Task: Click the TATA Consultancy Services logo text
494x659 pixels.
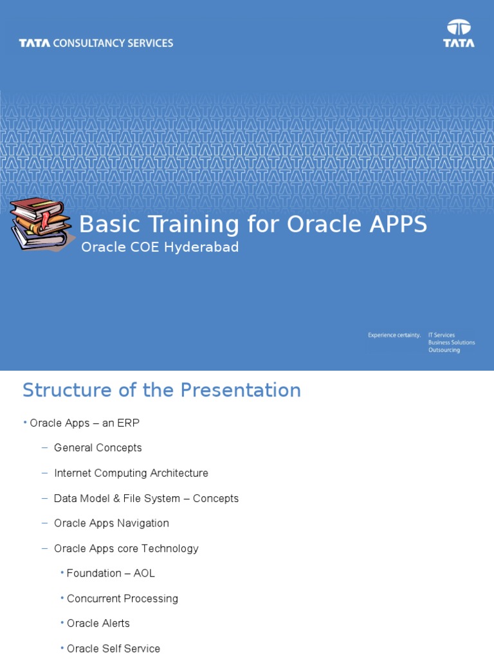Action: (96, 43)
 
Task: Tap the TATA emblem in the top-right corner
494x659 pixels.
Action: (459, 33)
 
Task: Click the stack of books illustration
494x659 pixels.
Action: (40, 223)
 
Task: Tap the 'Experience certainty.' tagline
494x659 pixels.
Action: (394, 335)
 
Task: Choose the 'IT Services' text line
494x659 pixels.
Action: (441, 335)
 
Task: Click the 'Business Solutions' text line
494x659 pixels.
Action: (452, 342)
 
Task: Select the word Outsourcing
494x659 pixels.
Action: (444, 350)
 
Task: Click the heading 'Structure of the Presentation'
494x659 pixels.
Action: (161, 390)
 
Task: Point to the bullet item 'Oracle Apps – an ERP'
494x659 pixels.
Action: (84, 423)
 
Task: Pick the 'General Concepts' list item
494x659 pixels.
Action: (98, 448)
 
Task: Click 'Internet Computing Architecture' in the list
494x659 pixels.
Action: (131, 473)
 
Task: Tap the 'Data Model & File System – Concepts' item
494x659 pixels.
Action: (146, 498)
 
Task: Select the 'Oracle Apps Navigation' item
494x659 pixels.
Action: (111, 523)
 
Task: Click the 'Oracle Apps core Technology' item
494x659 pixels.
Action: (126, 548)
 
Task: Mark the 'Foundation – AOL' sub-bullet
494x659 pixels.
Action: (111, 573)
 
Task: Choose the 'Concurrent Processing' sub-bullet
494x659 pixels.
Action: (122, 599)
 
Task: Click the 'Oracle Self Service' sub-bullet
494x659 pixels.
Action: (113, 649)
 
